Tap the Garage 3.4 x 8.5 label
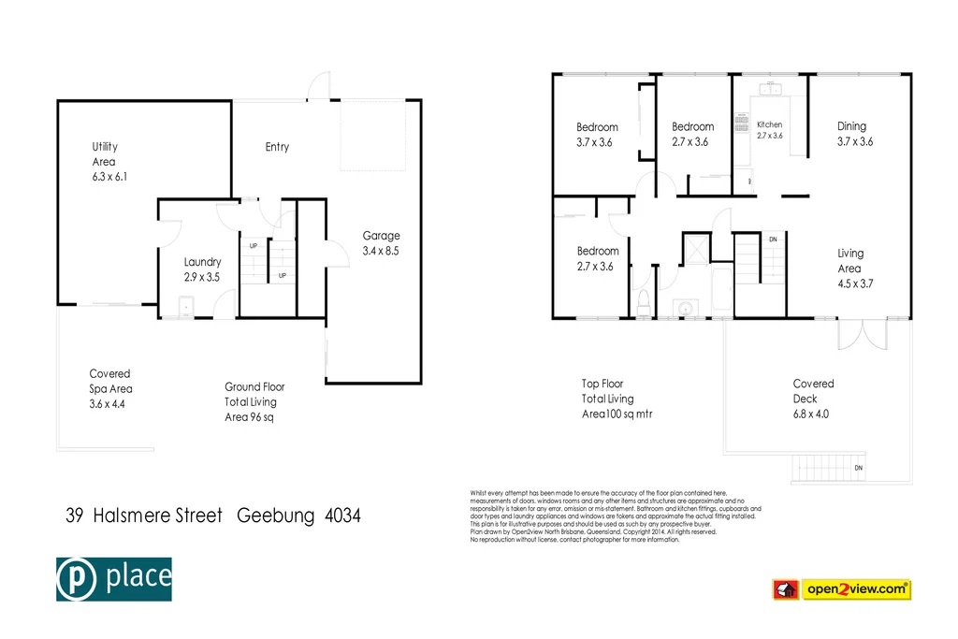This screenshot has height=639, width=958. tap(381, 243)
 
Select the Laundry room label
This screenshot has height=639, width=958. tap(202, 269)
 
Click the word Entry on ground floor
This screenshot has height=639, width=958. tap(277, 147)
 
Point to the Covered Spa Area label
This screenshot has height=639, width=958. tap(110, 388)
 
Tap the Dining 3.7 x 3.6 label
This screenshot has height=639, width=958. tap(853, 134)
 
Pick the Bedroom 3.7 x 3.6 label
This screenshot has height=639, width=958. tap(596, 135)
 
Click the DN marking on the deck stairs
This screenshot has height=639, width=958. tap(859, 468)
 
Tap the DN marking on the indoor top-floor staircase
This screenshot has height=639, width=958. tap(773, 240)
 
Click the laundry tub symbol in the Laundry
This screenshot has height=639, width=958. tap(186, 305)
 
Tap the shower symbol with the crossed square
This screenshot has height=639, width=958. tap(695, 250)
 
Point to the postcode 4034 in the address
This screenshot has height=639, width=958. tap(342, 516)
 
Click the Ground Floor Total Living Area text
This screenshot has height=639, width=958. tap(254, 401)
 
